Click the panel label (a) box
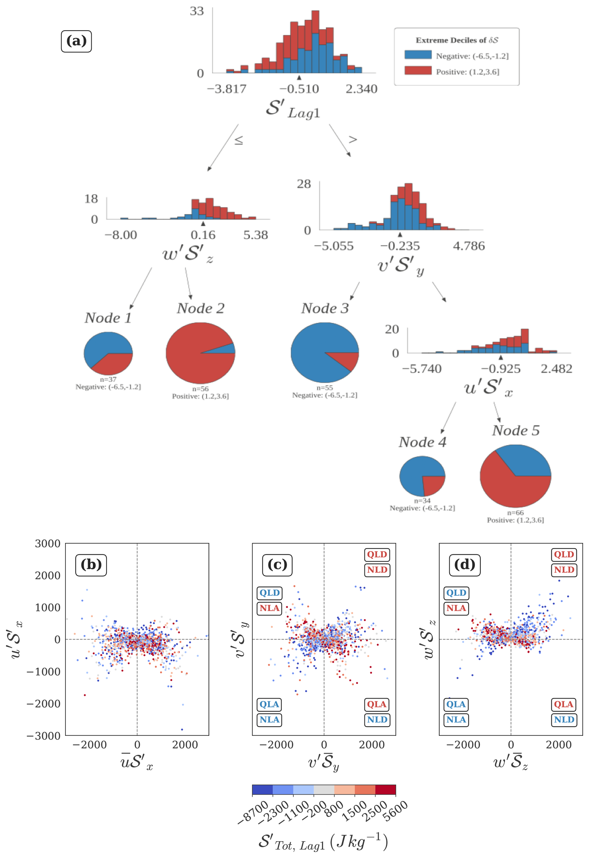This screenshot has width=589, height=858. coord(76,41)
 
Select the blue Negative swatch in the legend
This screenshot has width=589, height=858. coord(418,55)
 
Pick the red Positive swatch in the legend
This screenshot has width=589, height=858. coord(418,70)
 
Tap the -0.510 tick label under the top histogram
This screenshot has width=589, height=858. coord(299,89)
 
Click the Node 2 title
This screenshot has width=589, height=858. coord(200,308)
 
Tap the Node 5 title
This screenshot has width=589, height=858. coord(516,430)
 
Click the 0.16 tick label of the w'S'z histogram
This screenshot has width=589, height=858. coord(203,235)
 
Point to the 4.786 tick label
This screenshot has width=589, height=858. coord(469,246)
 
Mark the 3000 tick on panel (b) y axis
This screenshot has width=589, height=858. coord(48,543)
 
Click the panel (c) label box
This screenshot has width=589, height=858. coord(277,565)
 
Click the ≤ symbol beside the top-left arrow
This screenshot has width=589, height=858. coord(239,140)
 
